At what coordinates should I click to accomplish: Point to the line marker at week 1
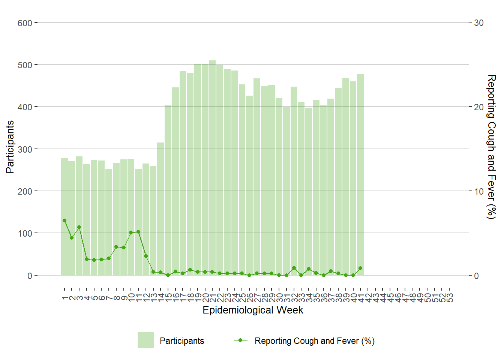pyautogui.click(x=64, y=220)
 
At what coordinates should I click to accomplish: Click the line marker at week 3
pyautogui.click(x=79, y=227)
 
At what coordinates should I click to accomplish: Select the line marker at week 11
pyautogui.click(x=138, y=232)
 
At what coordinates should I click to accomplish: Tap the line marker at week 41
pyautogui.click(x=360, y=268)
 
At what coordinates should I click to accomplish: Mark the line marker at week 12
pyautogui.click(x=146, y=256)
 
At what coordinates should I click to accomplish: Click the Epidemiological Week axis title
pyautogui.click(x=253, y=310)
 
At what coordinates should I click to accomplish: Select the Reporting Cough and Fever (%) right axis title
pyautogui.click(x=491, y=147)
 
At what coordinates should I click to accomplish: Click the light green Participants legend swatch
pyautogui.click(x=145, y=340)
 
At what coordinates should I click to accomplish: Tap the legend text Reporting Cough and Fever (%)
pyautogui.click(x=315, y=341)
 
